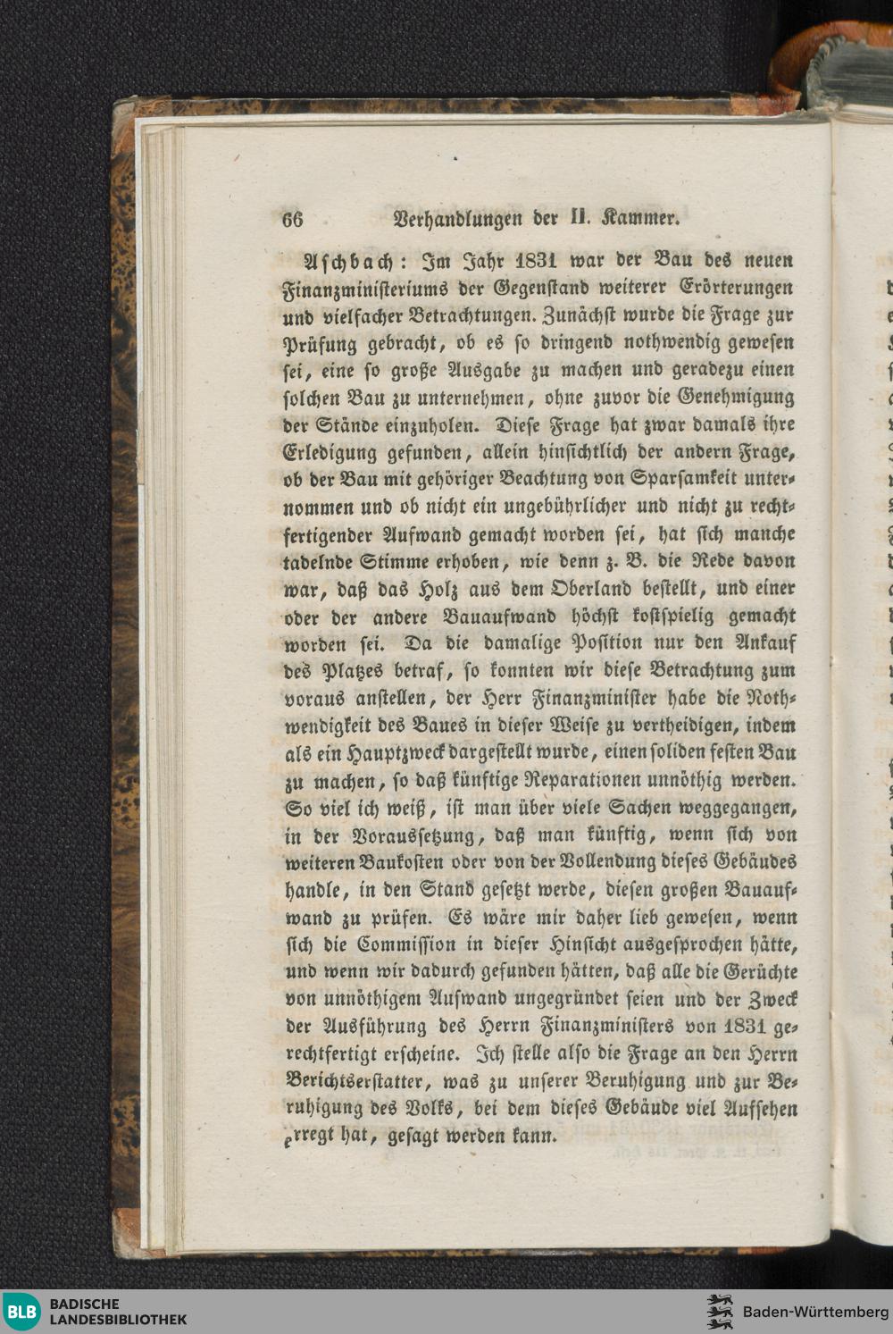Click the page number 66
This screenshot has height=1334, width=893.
point(293,220)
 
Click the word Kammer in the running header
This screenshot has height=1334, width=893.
point(646,217)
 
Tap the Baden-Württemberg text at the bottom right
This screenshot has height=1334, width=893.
point(809,1312)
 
